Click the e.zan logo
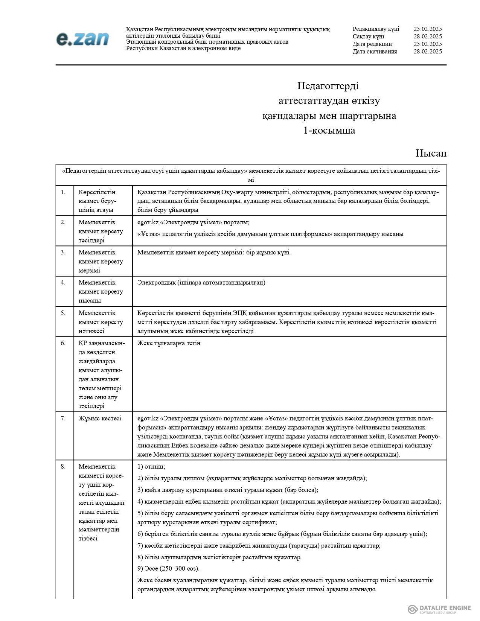point(82,39)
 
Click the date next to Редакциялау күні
point(427,29)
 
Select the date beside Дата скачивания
point(427,52)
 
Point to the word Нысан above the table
point(431,153)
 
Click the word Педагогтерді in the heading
point(328,86)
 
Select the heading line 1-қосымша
point(329,131)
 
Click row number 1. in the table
point(63,192)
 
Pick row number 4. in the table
point(63,283)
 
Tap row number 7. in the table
point(63,418)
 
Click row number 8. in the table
point(63,466)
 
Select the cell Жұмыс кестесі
point(100,418)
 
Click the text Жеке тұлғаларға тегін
point(169,343)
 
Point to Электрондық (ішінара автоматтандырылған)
point(201,283)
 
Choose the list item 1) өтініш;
point(151,467)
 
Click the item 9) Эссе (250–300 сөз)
point(168,568)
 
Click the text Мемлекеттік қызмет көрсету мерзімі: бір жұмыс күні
point(213,252)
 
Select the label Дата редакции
point(372,44)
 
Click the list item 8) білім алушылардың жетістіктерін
point(219,557)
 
